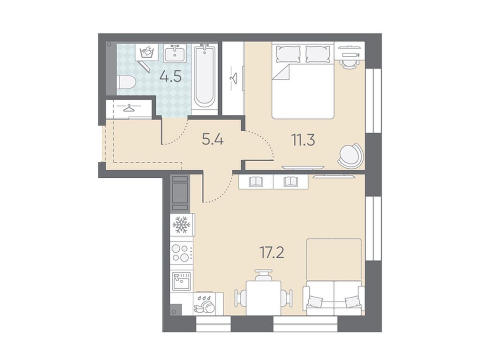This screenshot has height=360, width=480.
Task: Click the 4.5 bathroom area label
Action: (170, 76)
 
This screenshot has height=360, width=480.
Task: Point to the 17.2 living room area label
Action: (272, 252)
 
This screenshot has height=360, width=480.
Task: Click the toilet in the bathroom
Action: (126, 82)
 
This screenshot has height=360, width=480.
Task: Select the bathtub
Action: (205, 76)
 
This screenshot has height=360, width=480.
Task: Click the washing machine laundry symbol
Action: (147, 52)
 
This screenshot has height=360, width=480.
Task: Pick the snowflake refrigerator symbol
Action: (182, 225)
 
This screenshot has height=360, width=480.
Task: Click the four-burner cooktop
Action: (182, 253)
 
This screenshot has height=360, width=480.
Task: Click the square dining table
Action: (264, 298)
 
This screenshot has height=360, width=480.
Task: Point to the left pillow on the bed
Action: (288, 54)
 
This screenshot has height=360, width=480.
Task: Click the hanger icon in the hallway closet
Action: (129, 108)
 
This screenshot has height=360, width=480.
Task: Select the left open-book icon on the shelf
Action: (256, 182)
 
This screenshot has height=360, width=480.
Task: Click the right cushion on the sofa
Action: (352, 302)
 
